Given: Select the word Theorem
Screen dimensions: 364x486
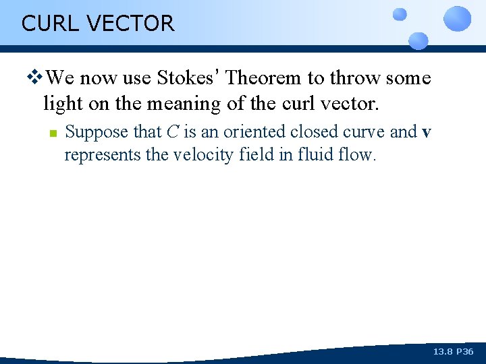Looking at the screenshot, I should click(264, 78).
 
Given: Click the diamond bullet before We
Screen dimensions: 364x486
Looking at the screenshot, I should click(37, 78).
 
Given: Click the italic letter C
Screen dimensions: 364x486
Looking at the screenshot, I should click(172, 131).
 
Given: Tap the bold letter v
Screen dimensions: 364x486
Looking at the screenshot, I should click(426, 132).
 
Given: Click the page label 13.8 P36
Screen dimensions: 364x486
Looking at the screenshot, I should click(453, 352).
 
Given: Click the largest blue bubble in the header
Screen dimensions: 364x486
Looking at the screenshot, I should click(458, 18).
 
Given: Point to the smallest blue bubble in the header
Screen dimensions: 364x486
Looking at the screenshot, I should click(400, 14).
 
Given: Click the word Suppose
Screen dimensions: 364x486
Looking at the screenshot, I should click(93, 132).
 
